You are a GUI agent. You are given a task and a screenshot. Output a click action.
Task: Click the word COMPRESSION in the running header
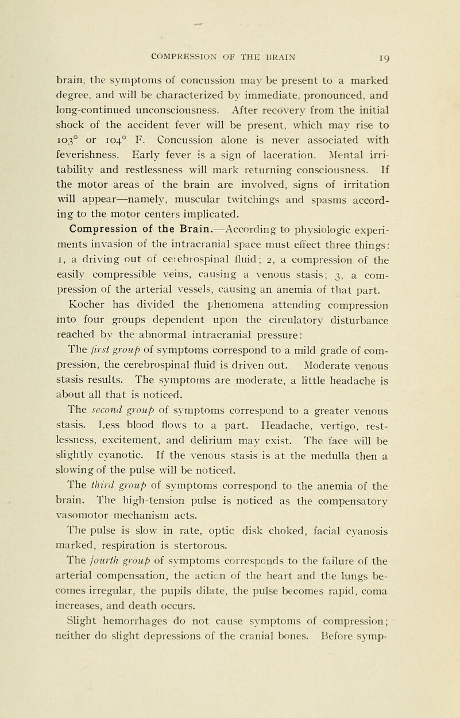[181, 58]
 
